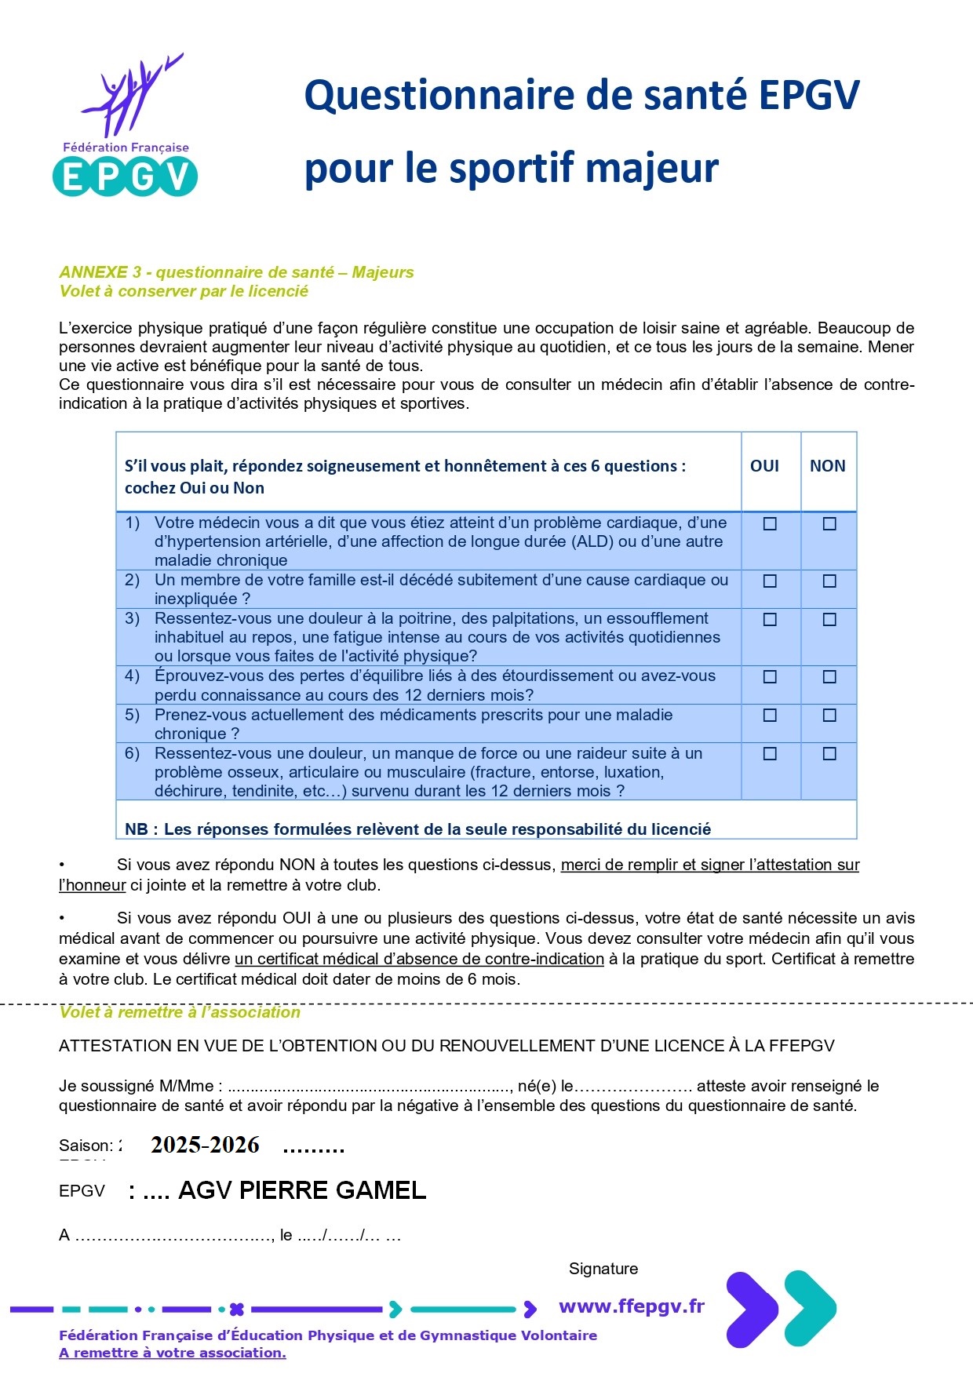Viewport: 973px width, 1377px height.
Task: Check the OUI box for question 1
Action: [x=770, y=524]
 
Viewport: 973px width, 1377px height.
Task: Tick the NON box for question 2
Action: [x=829, y=581]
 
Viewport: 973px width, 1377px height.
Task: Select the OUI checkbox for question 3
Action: [x=770, y=620]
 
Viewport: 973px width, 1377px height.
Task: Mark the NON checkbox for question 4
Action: [x=829, y=677]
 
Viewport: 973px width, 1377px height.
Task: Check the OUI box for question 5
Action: [x=770, y=716]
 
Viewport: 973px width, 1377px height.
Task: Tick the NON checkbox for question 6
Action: [x=829, y=754]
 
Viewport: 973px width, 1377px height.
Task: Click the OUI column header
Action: [x=764, y=466]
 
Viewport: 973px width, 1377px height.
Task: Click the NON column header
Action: [x=827, y=466]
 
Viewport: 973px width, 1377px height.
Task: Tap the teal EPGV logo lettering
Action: [x=125, y=176]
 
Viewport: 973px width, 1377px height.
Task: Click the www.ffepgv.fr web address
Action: [x=632, y=1306]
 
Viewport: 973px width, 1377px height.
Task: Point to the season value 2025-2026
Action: [x=205, y=1146]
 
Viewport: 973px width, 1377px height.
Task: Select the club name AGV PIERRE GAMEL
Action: [x=302, y=1190]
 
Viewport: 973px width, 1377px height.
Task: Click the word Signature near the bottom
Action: [x=603, y=1269]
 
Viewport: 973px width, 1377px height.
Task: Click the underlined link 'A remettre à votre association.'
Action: [x=173, y=1353]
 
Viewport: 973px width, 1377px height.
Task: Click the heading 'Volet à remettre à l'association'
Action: [x=180, y=1013]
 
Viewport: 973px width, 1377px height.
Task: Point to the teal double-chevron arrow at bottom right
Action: [x=810, y=1309]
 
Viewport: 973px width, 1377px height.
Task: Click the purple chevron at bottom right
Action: [x=751, y=1309]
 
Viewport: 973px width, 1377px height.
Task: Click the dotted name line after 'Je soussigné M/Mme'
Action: [x=369, y=1087]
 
